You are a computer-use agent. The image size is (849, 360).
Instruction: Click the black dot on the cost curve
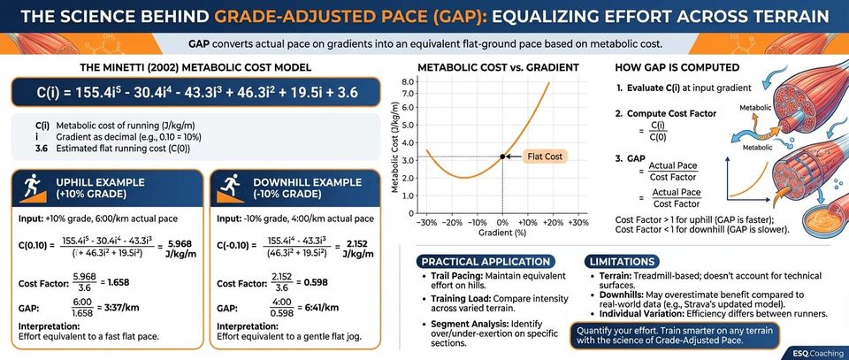click(x=502, y=157)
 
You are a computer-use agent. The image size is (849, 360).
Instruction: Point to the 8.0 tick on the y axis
click(x=409, y=81)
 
